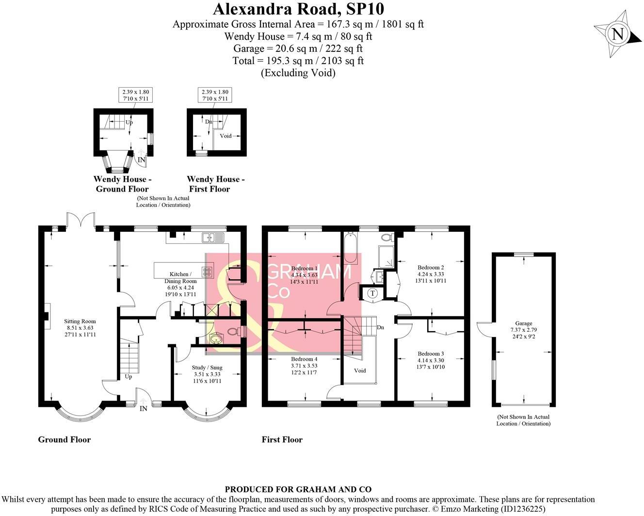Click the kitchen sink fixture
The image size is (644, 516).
213,237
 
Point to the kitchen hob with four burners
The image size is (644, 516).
207,272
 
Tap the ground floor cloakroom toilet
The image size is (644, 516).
234,332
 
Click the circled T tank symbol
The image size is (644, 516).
372,293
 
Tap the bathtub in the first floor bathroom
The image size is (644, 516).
350,248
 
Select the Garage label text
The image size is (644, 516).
523,323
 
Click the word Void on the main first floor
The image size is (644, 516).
360,371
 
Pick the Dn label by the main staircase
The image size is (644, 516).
380,327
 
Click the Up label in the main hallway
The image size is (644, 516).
129,376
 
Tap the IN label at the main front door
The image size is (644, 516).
144,408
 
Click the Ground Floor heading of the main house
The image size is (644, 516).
64,439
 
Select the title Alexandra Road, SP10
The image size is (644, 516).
298,9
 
